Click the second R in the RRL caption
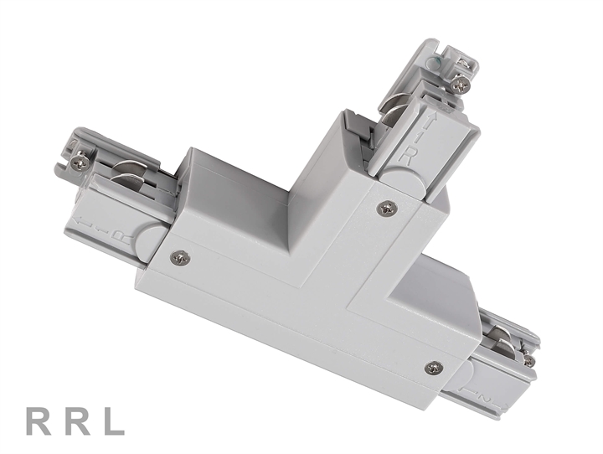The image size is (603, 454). click(x=76, y=421)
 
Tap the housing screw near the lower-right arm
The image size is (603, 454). click(x=433, y=367)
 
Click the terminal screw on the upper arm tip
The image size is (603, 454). click(x=458, y=84)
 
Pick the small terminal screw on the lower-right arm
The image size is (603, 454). click(x=528, y=360)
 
